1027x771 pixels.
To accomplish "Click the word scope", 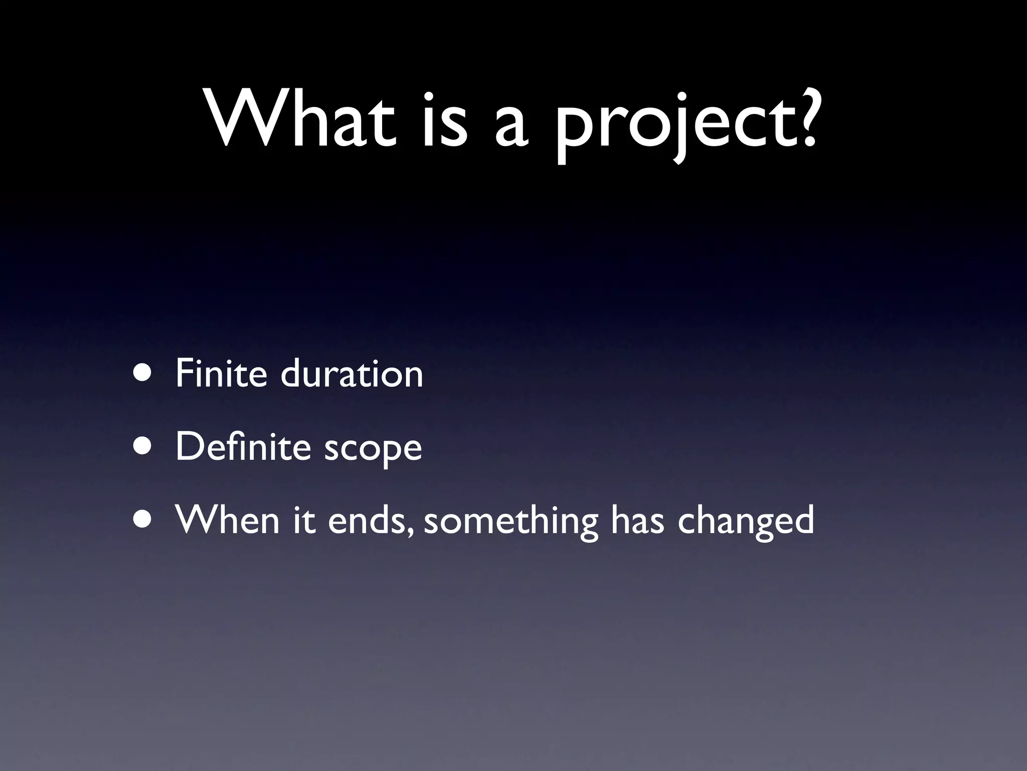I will (x=373, y=450).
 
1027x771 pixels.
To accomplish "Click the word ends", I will (x=369, y=519).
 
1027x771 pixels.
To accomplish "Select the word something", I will (x=511, y=522).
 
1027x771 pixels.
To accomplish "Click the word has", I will (x=637, y=519).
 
